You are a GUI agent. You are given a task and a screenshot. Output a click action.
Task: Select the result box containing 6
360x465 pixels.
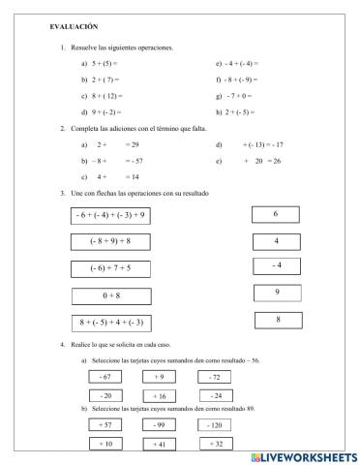click(276, 214)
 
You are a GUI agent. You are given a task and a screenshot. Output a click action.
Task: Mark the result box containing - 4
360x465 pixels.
click(276, 264)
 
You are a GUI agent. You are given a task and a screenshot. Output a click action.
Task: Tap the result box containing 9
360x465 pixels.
click(276, 291)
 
